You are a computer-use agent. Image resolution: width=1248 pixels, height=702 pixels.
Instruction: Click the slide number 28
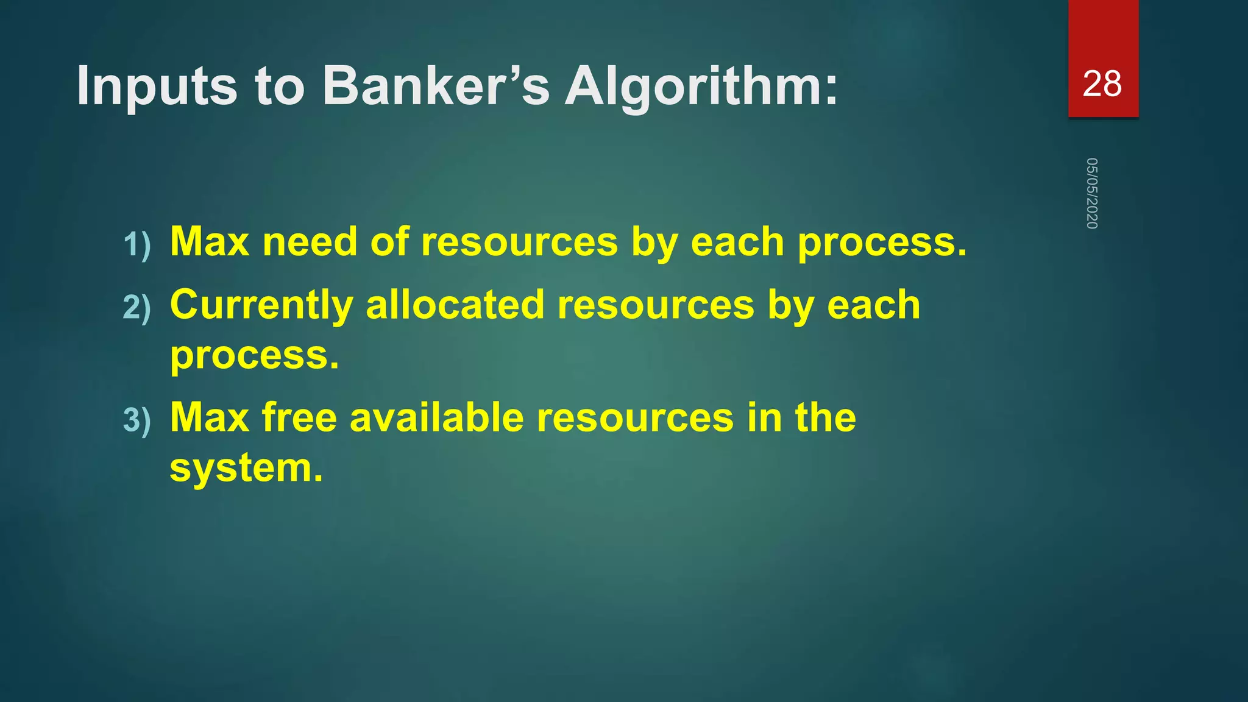[x=1102, y=83]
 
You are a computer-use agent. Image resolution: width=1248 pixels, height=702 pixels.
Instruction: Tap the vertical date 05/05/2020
[x=1092, y=193]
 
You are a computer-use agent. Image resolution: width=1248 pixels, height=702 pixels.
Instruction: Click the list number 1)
[x=136, y=245]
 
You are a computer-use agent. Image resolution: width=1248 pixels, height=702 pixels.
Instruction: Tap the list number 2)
[x=136, y=307]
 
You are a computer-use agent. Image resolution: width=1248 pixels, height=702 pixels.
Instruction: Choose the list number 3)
[x=136, y=420]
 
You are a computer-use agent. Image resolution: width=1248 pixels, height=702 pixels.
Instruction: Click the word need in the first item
[x=310, y=242]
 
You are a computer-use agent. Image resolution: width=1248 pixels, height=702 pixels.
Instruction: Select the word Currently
[x=261, y=305]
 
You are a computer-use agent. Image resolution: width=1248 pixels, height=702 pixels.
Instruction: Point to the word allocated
[x=455, y=305]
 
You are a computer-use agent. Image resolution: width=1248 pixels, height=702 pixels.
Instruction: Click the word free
[x=299, y=417]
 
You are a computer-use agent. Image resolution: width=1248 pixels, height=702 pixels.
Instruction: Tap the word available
[x=436, y=417]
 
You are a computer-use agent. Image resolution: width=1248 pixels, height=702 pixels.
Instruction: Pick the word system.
[x=246, y=469]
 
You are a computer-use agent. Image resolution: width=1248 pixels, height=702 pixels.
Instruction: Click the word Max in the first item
[x=210, y=242]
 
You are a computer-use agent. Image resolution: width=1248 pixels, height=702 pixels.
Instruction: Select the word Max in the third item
[x=210, y=417]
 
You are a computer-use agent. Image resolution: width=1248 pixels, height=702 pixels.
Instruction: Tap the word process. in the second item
[x=254, y=355]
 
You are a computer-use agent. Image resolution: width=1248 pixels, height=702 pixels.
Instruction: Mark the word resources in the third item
[x=635, y=417]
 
